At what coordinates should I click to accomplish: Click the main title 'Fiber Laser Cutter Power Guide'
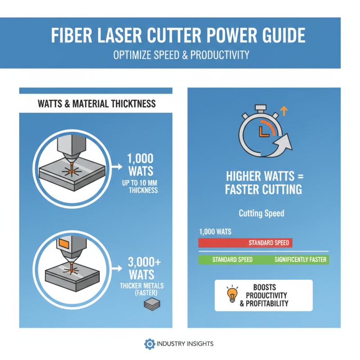pos(180,35)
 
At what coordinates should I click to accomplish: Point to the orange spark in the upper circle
pos(71,171)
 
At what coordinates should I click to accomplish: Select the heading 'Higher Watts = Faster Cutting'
pos(263,182)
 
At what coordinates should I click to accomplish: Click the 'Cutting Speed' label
pos(261,213)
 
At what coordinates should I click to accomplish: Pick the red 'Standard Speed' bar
pos(245,243)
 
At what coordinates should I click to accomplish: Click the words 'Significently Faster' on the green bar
pos(301,260)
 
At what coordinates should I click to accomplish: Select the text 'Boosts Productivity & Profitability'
pos(270,296)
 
